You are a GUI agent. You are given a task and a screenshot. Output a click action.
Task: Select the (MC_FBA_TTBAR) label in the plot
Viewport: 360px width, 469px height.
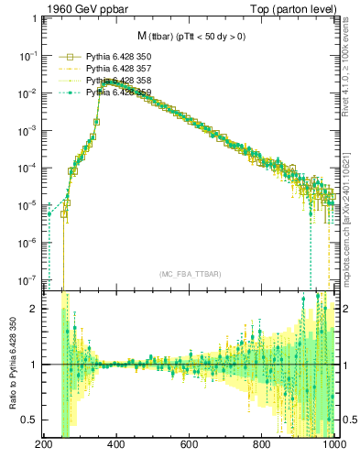coord(190,274)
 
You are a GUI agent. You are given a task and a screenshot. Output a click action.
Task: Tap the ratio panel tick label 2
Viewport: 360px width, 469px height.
coord(36,309)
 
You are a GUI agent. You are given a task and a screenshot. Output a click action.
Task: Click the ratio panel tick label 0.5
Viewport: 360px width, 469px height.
coord(30,420)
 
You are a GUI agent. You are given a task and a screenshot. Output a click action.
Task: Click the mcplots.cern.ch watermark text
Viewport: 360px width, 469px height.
coord(351,220)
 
